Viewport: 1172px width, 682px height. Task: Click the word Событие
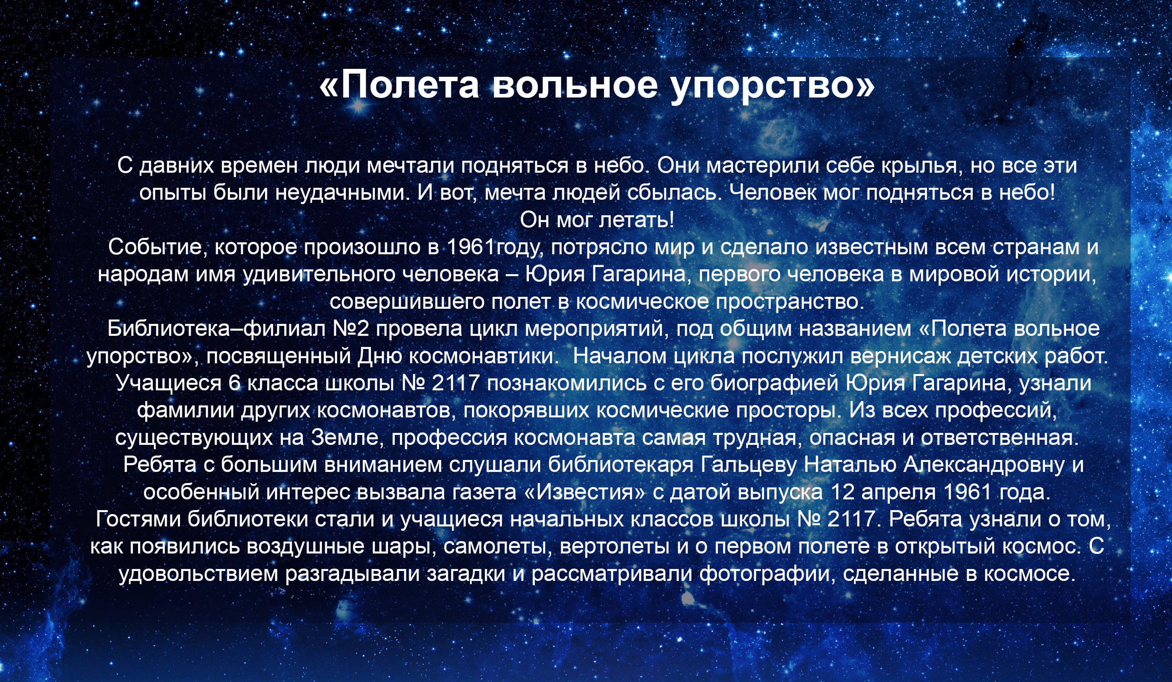click(x=158, y=247)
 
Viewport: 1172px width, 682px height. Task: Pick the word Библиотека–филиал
click(x=216, y=329)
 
